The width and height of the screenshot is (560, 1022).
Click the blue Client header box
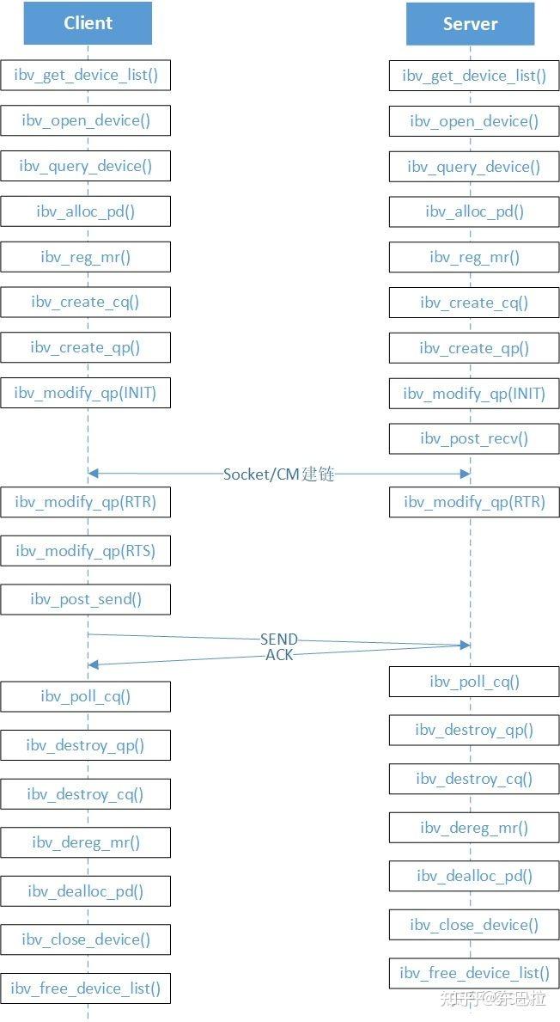[88, 23]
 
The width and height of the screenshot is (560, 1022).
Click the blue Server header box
[470, 24]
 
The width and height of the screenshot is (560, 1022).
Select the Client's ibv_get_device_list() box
[85, 75]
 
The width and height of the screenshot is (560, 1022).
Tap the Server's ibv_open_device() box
[474, 121]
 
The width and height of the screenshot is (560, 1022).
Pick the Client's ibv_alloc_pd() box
[85, 211]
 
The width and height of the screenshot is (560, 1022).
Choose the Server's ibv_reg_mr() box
[474, 258]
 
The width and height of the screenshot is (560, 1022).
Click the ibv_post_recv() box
[474, 438]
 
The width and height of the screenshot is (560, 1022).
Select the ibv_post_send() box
[85, 600]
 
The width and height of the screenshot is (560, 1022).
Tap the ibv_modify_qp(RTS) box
[85, 552]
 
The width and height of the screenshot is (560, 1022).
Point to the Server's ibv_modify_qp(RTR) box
[474, 502]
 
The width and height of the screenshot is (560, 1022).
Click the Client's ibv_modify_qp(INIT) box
[85, 393]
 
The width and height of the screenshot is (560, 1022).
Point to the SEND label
[278, 640]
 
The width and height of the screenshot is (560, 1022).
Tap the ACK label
[279, 655]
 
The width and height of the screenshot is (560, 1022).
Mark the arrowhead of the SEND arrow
[465, 646]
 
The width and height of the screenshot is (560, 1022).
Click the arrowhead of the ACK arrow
[93, 664]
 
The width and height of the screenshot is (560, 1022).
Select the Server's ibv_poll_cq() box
[474, 682]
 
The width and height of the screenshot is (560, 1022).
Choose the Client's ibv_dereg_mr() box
[85, 842]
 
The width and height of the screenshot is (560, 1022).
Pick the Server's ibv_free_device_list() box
[474, 973]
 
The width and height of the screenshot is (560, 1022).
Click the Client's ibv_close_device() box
[85, 939]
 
